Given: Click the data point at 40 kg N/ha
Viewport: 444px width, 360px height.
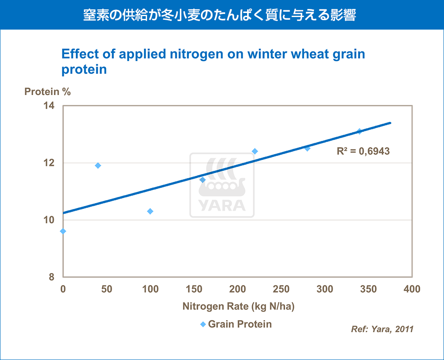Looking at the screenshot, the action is pyautogui.click(x=98, y=165).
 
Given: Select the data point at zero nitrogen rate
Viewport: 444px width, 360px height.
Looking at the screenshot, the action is pyautogui.click(x=63, y=231).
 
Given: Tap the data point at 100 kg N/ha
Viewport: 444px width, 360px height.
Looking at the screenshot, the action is pyautogui.click(x=150, y=211).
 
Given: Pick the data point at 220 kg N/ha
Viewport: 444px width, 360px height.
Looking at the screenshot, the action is pyautogui.click(x=255, y=151).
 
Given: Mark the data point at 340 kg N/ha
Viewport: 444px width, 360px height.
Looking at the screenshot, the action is pyautogui.click(x=359, y=131).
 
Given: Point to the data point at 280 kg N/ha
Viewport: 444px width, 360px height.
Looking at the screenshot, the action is pyautogui.click(x=307, y=148).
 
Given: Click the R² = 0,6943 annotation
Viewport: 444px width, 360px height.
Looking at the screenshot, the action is pyautogui.click(x=363, y=151).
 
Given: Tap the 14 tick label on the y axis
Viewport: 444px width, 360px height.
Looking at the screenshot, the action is pyautogui.click(x=49, y=106).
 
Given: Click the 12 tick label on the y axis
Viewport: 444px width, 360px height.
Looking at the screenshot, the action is pyautogui.click(x=49, y=163).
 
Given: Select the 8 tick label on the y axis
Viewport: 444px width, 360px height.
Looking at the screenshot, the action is pyautogui.click(x=52, y=277).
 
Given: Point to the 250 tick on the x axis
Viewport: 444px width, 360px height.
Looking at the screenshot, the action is pyautogui.click(x=281, y=289).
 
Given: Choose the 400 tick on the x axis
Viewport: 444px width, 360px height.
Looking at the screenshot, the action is pyautogui.click(x=412, y=289).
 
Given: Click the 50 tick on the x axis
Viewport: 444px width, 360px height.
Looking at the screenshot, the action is pyautogui.click(x=107, y=289).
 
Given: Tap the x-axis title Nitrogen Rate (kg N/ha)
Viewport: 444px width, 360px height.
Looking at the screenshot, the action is pyautogui.click(x=239, y=307).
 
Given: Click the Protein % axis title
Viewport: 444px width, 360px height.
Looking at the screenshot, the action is pyautogui.click(x=48, y=92).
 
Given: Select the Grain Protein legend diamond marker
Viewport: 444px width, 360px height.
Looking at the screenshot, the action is pyautogui.click(x=203, y=324).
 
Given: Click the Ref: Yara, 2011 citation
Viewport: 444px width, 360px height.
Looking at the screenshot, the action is pyautogui.click(x=382, y=329).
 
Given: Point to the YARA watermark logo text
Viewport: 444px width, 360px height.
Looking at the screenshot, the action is pyautogui.click(x=222, y=205).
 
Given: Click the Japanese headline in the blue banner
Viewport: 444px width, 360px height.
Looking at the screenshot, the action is pyautogui.click(x=220, y=15).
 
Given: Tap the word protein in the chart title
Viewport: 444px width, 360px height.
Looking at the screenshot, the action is pyautogui.click(x=84, y=69).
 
